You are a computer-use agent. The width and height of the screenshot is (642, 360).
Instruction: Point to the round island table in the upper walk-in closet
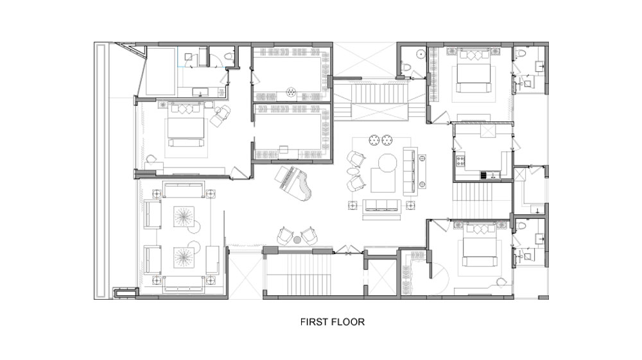291,91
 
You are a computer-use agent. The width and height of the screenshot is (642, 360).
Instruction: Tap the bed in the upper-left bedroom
186,124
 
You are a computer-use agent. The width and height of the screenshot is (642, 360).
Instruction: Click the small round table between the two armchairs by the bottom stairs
297,239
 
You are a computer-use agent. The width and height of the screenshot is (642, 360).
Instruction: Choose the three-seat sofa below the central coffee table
382,205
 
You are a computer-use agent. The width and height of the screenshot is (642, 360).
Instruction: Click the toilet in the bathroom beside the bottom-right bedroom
521,226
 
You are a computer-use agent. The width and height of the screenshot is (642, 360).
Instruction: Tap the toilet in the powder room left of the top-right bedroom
406,67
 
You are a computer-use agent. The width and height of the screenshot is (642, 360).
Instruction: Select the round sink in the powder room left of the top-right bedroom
420,54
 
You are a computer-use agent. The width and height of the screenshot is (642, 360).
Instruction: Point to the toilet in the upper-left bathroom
229,56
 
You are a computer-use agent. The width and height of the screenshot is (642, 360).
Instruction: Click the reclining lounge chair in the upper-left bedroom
220,114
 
